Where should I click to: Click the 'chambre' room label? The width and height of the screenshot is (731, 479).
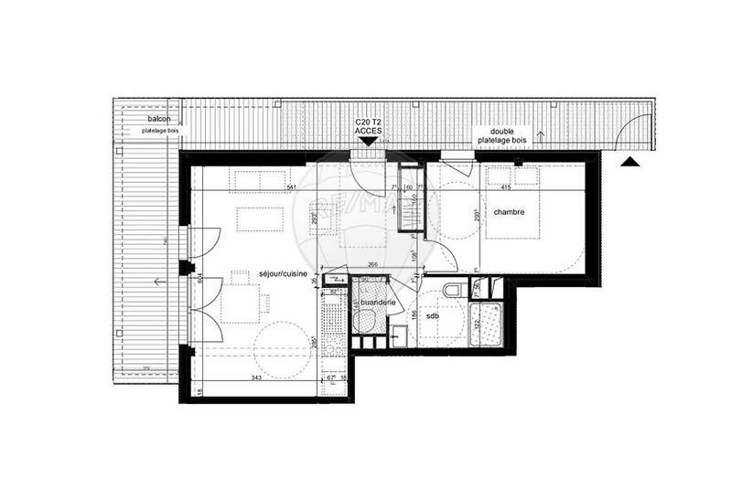[509, 212]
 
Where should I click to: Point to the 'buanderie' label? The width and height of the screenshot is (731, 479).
[378, 301]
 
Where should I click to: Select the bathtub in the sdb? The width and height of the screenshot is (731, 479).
[486, 325]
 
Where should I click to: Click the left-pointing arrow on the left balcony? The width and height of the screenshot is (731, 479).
[161, 282]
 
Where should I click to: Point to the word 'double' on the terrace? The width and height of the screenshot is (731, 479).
[501, 131]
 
